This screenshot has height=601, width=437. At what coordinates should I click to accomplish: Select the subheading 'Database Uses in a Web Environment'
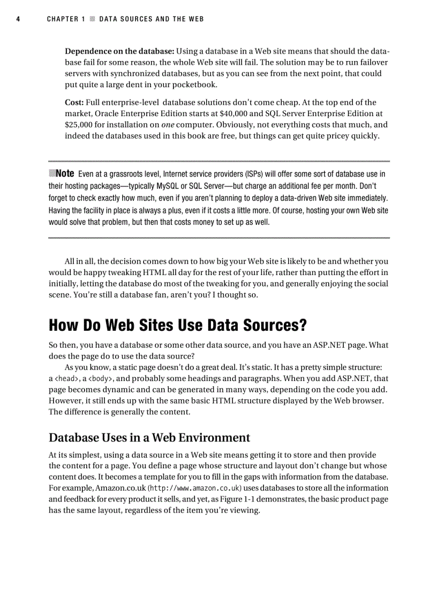149,437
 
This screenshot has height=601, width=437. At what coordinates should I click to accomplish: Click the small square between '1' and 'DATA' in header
92,19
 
